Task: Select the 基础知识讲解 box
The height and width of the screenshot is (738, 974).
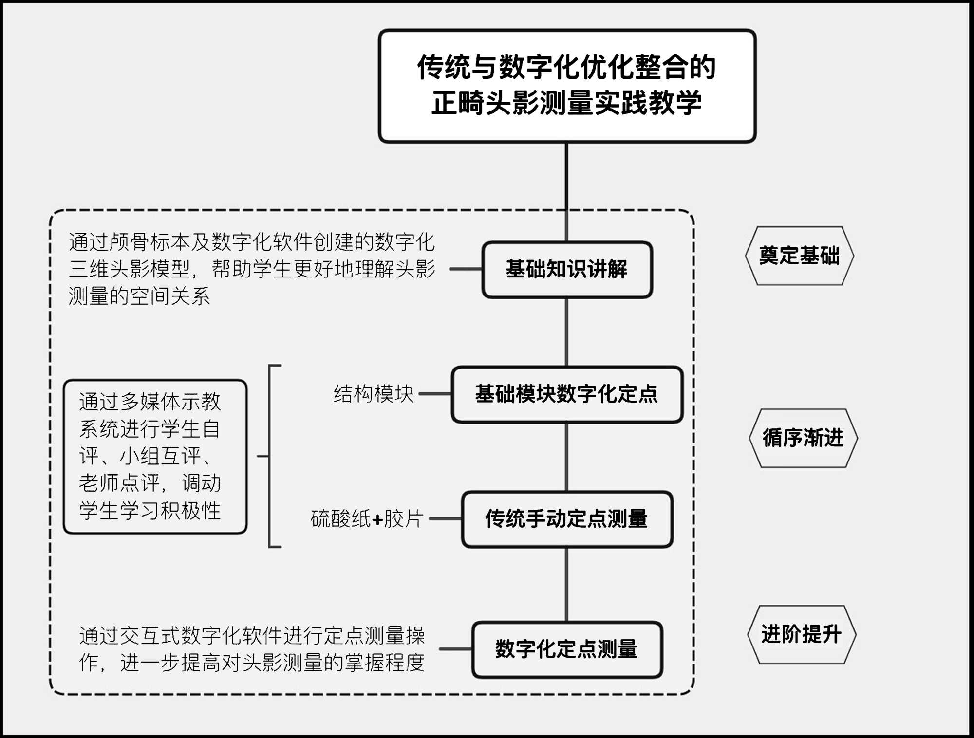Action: [x=567, y=269]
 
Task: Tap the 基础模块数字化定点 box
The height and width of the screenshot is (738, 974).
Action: [x=567, y=394]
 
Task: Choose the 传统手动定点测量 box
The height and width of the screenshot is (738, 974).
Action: [x=567, y=519]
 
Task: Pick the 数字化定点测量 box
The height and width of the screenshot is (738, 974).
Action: [x=567, y=649]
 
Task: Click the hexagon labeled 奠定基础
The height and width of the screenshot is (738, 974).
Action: [x=799, y=256]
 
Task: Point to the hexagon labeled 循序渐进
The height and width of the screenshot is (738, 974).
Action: [x=803, y=438]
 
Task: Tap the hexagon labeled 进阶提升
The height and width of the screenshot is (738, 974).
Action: [x=802, y=634]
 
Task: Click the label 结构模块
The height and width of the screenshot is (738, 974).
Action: [x=374, y=394]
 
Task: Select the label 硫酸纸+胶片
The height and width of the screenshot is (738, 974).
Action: [x=367, y=519]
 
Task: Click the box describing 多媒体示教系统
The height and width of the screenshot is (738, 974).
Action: [x=155, y=456]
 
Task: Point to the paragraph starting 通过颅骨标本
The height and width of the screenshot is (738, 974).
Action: [x=252, y=269]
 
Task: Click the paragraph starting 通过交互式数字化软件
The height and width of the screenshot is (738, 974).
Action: [x=252, y=649]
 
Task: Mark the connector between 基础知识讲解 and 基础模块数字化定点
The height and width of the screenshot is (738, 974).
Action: [x=566, y=332]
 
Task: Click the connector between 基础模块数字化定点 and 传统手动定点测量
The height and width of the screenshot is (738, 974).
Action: [x=566, y=457]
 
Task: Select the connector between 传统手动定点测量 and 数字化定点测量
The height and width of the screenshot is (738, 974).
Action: [x=566, y=584]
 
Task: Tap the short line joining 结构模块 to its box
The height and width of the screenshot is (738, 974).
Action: [x=435, y=394]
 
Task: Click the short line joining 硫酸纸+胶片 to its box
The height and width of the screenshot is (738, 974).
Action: [x=445, y=519]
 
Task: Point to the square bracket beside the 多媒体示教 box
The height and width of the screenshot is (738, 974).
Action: [x=270, y=456]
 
